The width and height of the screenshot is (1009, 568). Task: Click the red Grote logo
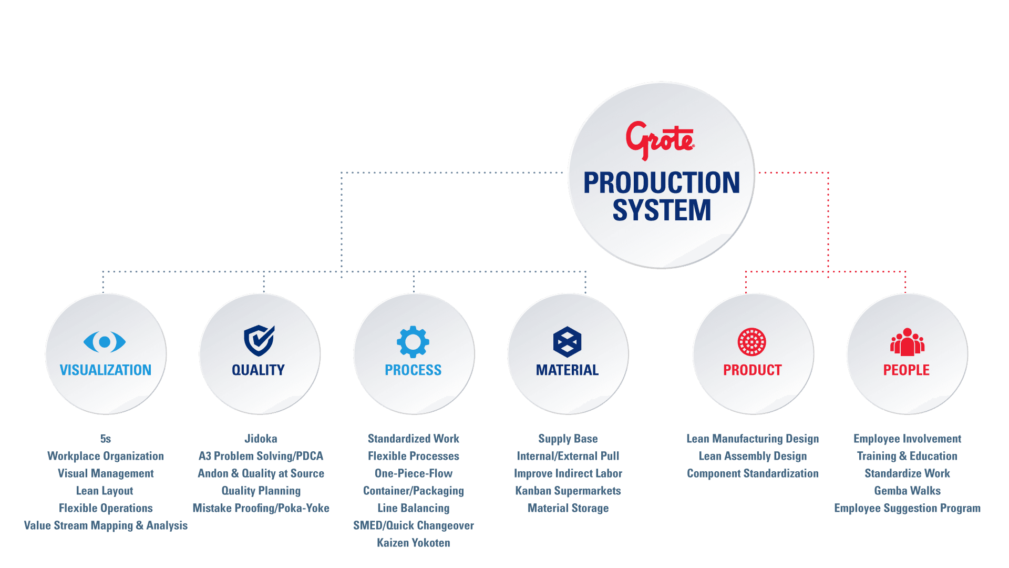660,140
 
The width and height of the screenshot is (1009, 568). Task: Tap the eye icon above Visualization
105,342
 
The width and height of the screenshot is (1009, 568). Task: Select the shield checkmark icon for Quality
259,340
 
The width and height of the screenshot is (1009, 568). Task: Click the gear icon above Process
413,342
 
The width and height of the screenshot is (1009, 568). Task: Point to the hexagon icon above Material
568,342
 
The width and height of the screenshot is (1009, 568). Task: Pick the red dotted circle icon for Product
752,342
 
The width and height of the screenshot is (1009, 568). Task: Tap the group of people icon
907,342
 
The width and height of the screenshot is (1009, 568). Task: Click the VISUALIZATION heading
106,370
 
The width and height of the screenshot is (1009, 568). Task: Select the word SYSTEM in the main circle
662,210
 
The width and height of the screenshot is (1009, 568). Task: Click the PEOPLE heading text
907,370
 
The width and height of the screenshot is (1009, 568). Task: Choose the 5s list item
106,439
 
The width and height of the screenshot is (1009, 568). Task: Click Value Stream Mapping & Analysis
106,525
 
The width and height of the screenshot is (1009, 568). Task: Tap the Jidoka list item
261,439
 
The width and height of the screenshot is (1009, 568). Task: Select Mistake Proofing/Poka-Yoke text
261,508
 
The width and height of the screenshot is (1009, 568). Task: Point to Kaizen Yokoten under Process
414,543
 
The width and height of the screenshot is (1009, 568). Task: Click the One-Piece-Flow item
414,473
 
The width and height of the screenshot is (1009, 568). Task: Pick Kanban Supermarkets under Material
568,491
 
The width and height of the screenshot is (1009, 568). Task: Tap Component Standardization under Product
753,473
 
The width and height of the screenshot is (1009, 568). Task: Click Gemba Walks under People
908,491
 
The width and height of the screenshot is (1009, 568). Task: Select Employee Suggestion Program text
908,508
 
